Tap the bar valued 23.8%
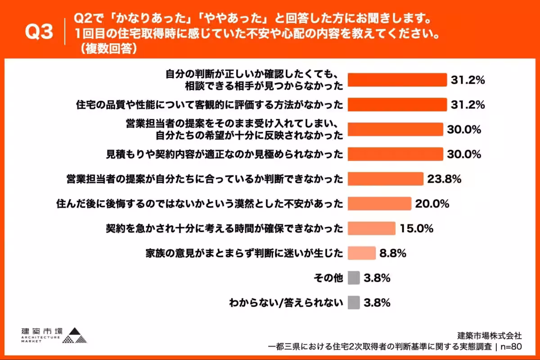pos(386,179)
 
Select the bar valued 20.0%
pos(380,203)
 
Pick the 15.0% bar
pos(372,228)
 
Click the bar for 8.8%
pos(362,253)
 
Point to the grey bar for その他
pos(354,278)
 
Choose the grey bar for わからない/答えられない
pos(354,302)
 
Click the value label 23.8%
pos(445,179)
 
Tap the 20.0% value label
pos(432,203)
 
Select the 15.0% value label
pos(416,228)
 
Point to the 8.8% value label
pos(393,253)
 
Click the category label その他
pos(328,278)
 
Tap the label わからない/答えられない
pos(287,303)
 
